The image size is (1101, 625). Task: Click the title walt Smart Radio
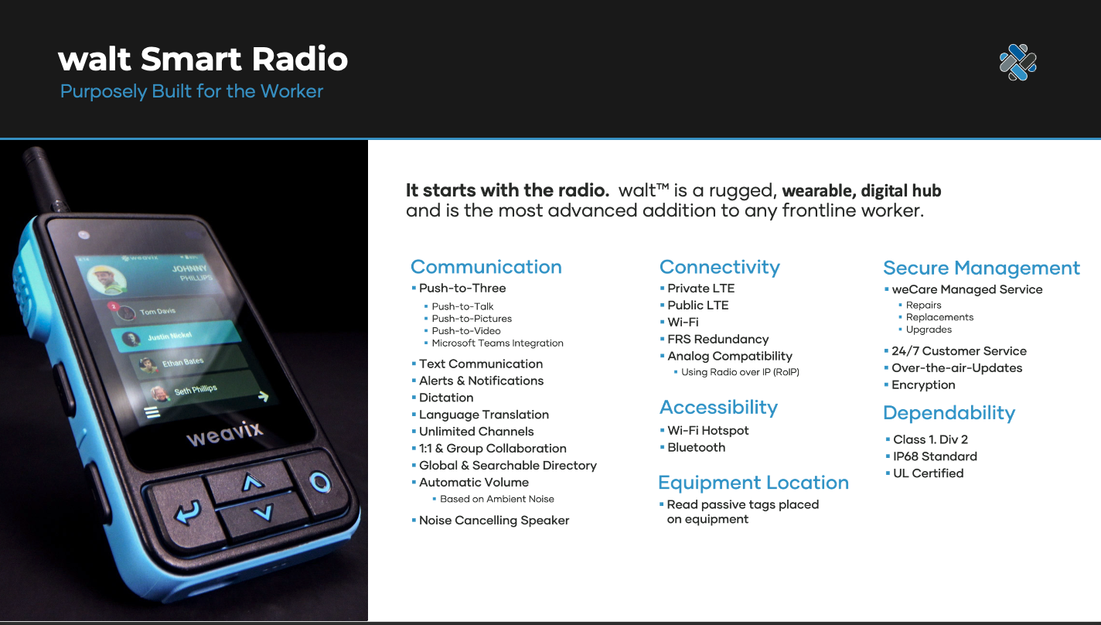click(x=203, y=59)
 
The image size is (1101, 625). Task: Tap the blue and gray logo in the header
click(x=1018, y=62)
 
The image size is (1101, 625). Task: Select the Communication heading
click(x=486, y=267)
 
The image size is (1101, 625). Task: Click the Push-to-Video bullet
click(x=466, y=331)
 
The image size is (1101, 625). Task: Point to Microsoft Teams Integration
click(x=497, y=343)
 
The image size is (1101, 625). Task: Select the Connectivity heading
click(x=720, y=267)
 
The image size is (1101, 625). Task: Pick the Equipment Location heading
click(x=754, y=483)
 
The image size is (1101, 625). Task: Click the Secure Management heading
click(x=982, y=268)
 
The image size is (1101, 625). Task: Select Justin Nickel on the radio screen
click(x=169, y=336)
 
